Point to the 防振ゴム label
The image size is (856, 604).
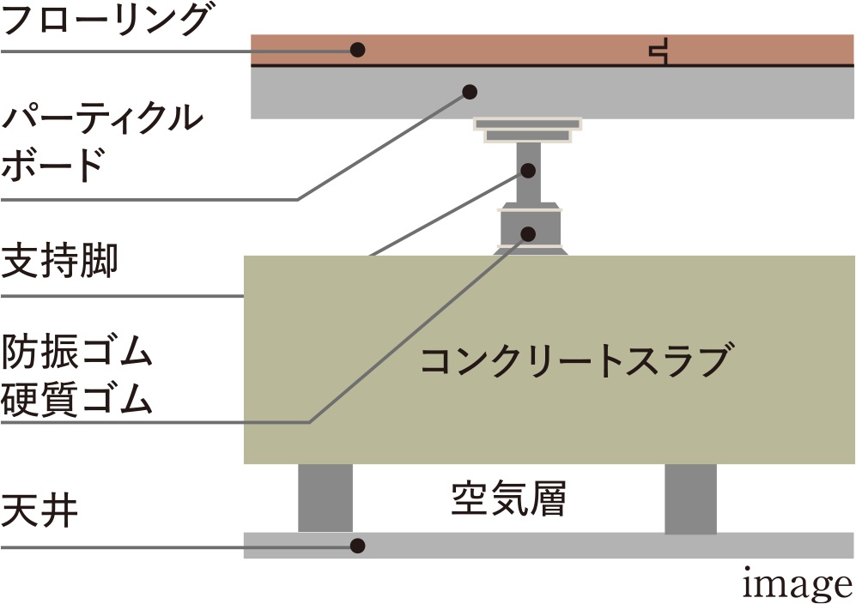pos(77,352)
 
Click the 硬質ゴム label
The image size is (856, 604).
pos(77,398)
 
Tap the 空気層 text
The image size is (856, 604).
pos(508,498)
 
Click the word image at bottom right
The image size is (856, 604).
pos(797,584)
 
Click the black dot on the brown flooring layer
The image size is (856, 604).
pos(358,50)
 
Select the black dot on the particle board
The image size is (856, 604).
pos(470,90)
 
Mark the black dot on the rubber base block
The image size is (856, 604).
pos(530,233)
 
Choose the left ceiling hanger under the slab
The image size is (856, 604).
pos(325,498)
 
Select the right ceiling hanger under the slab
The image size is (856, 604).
pos(691,498)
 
